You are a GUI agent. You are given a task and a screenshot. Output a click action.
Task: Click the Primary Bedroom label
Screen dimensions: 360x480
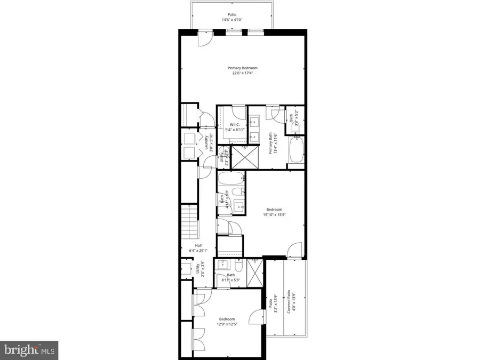tap(243, 68)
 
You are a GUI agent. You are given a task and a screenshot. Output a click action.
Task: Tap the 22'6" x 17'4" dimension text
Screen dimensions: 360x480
tap(243, 74)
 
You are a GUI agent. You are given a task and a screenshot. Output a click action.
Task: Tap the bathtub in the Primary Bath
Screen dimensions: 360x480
tap(296, 151)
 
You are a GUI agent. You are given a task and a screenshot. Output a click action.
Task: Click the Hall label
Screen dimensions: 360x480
tap(198, 245)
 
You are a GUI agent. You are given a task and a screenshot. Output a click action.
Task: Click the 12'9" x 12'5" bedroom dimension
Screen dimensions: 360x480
tap(227, 324)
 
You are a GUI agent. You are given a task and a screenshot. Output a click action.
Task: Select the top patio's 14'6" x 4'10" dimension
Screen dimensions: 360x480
tap(231, 20)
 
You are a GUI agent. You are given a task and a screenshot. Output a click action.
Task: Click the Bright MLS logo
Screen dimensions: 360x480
tap(29, 350)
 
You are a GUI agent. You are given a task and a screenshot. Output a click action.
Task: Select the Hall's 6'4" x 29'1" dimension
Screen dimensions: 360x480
tap(198, 251)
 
